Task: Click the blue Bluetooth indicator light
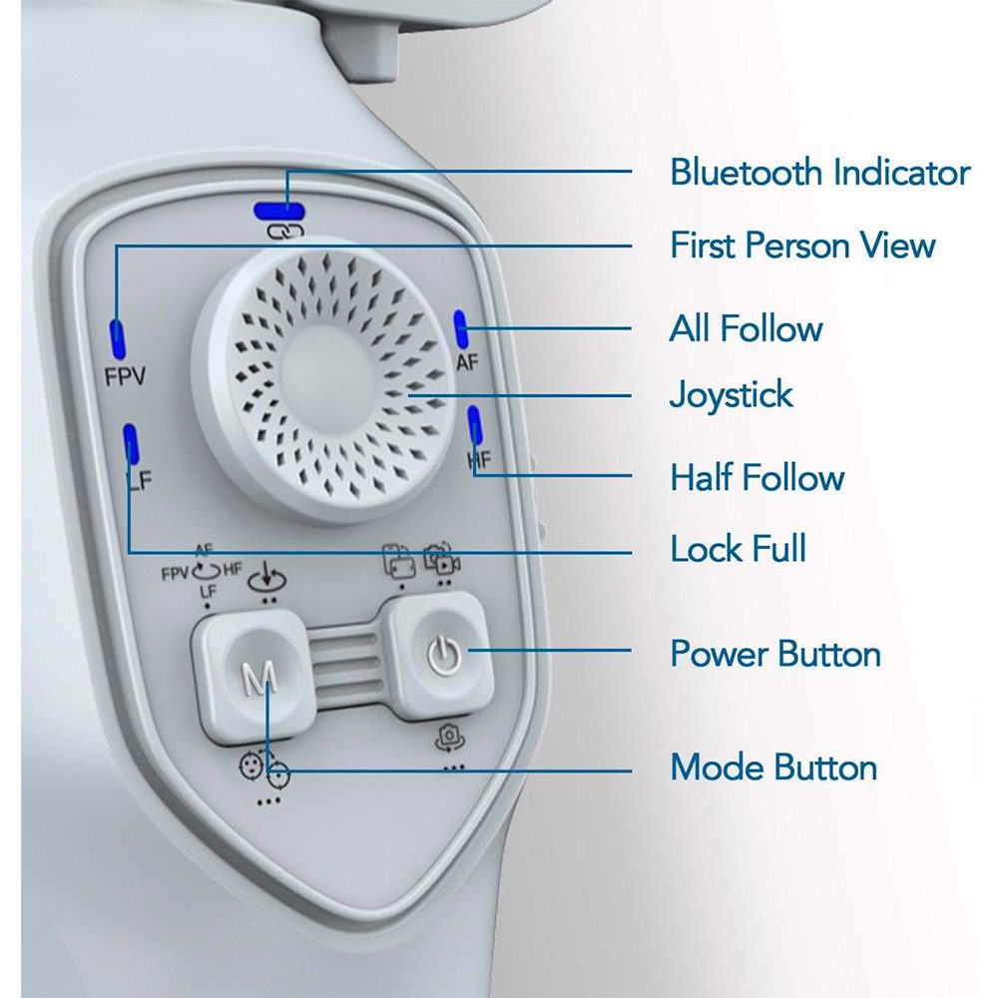278,212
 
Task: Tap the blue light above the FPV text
118,340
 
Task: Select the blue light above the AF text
461,329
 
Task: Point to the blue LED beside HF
475,424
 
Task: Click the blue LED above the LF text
131,443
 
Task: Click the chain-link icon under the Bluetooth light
285,232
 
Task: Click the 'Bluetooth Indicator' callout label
819,173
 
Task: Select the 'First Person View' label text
802,246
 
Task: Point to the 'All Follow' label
746,328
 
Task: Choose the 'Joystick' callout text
732,394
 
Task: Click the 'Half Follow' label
757,477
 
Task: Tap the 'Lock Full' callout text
739,548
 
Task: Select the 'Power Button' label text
775,653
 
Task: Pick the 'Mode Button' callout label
774,766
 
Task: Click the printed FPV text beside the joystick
125,377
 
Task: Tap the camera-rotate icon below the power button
450,738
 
